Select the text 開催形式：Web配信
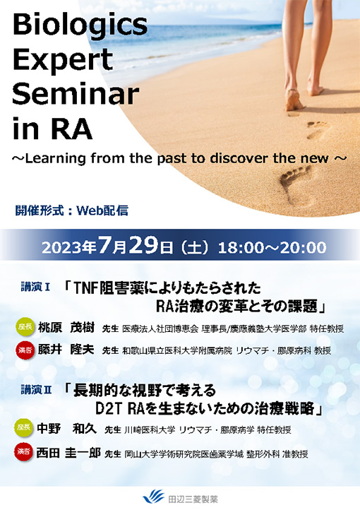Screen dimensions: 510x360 pyautogui.click(x=71, y=210)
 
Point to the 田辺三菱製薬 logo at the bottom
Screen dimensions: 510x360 pyautogui.click(x=180, y=497)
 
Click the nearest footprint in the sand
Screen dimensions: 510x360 pyautogui.click(x=294, y=181)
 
